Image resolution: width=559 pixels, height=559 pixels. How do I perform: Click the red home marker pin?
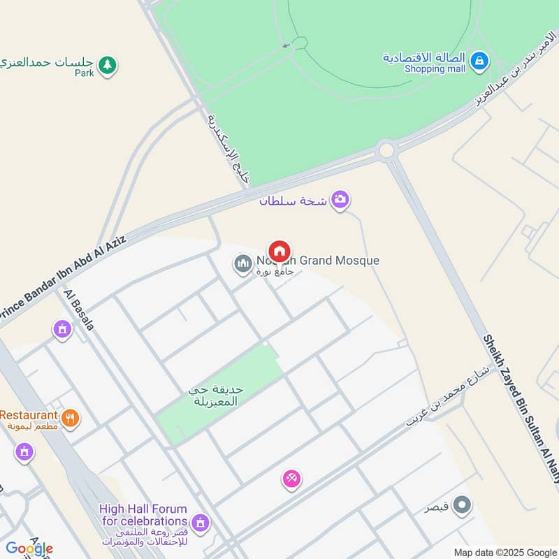[x=279, y=251]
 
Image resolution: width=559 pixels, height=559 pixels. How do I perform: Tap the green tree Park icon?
[x=106, y=66]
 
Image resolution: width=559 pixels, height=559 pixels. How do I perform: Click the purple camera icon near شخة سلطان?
[x=340, y=200]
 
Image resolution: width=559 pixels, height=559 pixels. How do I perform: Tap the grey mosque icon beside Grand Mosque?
[x=243, y=263]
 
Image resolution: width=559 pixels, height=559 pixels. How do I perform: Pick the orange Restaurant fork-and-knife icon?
[x=70, y=419]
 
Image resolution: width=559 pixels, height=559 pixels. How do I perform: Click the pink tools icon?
[x=291, y=479]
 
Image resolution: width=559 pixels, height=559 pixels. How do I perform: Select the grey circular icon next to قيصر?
[x=462, y=504]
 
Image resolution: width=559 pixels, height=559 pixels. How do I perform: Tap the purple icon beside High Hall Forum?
[x=201, y=521]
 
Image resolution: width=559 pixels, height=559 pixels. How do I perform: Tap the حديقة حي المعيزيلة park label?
[x=217, y=395]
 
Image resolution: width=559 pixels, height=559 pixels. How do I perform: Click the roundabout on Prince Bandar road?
[x=386, y=150]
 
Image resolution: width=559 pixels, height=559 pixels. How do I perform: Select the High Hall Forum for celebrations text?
[x=143, y=515]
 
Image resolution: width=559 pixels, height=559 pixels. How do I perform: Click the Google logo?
[x=29, y=549]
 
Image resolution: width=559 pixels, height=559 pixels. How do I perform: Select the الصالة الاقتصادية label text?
[x=424, y=57]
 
